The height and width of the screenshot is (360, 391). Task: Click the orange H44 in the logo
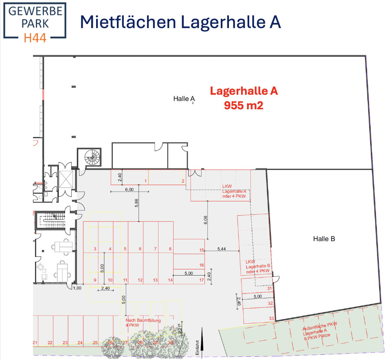[35, 38]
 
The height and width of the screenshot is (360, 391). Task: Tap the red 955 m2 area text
[244, 106]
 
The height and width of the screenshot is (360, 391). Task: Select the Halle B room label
[324, 239]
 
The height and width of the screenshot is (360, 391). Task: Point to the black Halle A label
[184, 99]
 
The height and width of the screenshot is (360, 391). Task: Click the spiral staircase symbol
[92, 158]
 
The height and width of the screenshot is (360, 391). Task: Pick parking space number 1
[145, 181]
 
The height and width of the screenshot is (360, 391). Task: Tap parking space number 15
[201, 250]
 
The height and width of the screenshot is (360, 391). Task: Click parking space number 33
[270, 318]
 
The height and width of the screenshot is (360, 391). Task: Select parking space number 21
[35, 342]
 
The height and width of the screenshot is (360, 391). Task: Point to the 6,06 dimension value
[206, 220]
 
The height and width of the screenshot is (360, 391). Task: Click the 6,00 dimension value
[129, 190]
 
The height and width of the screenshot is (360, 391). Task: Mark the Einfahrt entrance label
[197, 349]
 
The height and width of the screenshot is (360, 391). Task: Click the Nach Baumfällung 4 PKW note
[143, 323]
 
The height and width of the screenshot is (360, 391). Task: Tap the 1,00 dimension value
[77, 288]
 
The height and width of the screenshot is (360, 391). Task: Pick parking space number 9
[94, 280]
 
